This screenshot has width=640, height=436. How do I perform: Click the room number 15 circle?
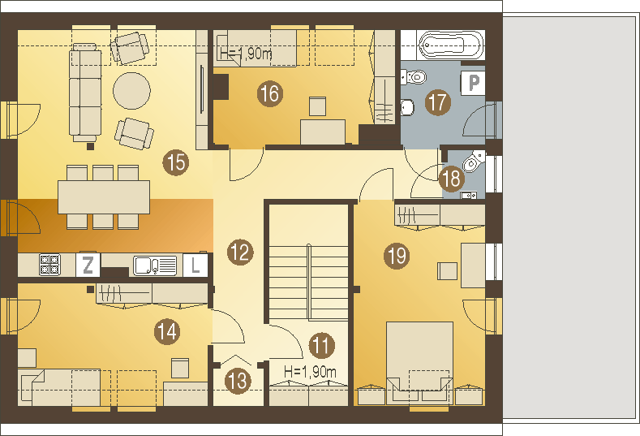pos(176,162)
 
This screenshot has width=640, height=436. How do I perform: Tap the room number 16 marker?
pos(270,94)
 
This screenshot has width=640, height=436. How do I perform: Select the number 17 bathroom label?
pos(438,102)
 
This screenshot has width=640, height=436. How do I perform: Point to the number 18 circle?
pos(452,179)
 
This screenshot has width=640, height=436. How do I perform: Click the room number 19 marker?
pos(397,256)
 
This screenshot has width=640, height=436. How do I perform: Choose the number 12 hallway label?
pos(240,253)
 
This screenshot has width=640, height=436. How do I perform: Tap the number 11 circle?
pos(322,345)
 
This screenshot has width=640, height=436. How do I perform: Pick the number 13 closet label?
pos(238,382)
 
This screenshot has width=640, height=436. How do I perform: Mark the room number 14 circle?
pos(167,331)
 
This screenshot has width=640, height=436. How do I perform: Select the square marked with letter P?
pos(473,83)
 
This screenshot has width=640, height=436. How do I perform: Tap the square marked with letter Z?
pos(88,265)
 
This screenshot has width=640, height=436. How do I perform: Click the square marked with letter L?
pos(195,265)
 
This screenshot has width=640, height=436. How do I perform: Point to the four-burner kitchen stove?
pos(49,265)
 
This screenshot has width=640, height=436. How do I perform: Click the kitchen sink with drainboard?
pos(155,265)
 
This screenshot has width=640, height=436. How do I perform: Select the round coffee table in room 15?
pos(131,91)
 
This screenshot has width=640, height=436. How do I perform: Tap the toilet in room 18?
pos(473,161)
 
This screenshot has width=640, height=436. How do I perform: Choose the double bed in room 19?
pos(419,362)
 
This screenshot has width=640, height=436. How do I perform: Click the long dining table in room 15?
pos(104,197)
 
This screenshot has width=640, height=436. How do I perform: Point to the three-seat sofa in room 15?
pos(85,93)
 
